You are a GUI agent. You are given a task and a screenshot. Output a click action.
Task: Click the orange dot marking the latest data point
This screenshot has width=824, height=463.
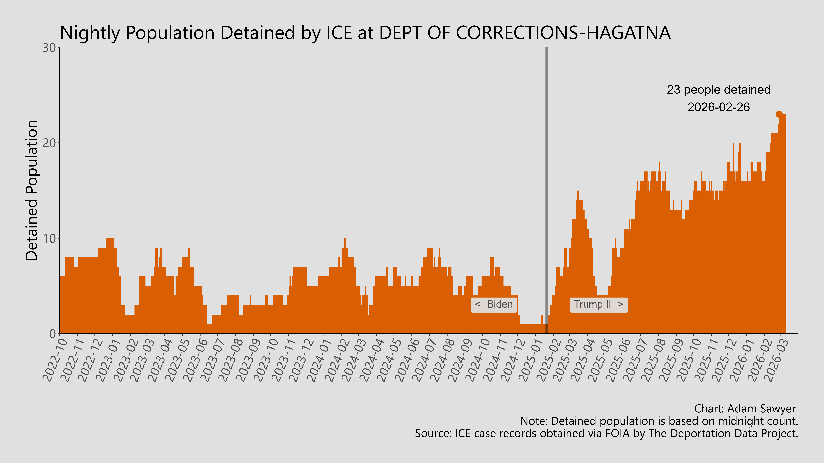[x=779, y=114]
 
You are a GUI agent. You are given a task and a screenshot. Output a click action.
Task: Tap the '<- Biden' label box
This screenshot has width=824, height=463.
[x=494, y=305]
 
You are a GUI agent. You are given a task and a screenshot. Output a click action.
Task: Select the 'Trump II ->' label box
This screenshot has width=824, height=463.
[x=598, y=305]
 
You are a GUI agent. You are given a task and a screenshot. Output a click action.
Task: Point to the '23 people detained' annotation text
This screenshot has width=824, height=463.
[x=718, y=90]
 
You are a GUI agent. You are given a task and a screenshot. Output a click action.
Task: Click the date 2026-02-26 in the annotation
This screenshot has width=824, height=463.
[x=718, y=107]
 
